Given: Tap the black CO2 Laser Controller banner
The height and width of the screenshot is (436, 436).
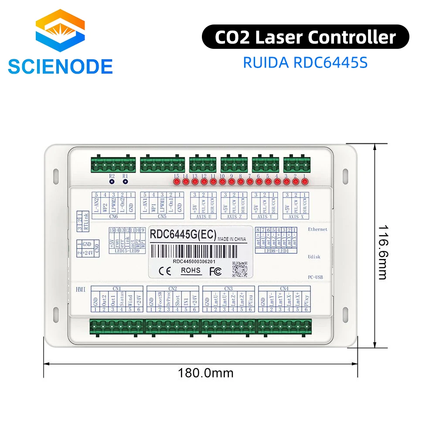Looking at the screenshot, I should click(x=305, y=37).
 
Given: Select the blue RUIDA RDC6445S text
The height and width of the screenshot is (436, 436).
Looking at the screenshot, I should click(x=305, y=62).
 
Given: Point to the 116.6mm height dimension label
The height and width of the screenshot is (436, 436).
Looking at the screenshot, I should click(x=382, y=252).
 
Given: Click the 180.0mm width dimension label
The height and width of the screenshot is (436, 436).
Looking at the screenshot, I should click(x=205, y=373).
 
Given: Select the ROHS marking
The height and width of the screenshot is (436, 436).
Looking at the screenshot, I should click(x=191, y=270).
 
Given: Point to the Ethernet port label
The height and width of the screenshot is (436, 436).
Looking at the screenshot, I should click(x=317, y=229).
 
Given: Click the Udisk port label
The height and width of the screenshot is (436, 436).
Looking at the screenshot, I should click(x=314, y=257).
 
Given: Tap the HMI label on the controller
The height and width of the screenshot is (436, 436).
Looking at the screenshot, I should click(x=81, y=290).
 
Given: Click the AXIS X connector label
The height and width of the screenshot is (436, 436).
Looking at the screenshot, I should click(x=297, y=217).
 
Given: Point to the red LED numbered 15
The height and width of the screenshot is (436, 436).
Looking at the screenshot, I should click(x=177, y=181).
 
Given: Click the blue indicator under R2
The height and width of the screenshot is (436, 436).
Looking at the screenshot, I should click(x=112, y=181).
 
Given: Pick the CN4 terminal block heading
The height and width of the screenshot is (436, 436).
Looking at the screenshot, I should click(x=284, y=288).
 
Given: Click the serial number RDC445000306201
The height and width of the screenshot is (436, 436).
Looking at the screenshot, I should click(x=194, y=262).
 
